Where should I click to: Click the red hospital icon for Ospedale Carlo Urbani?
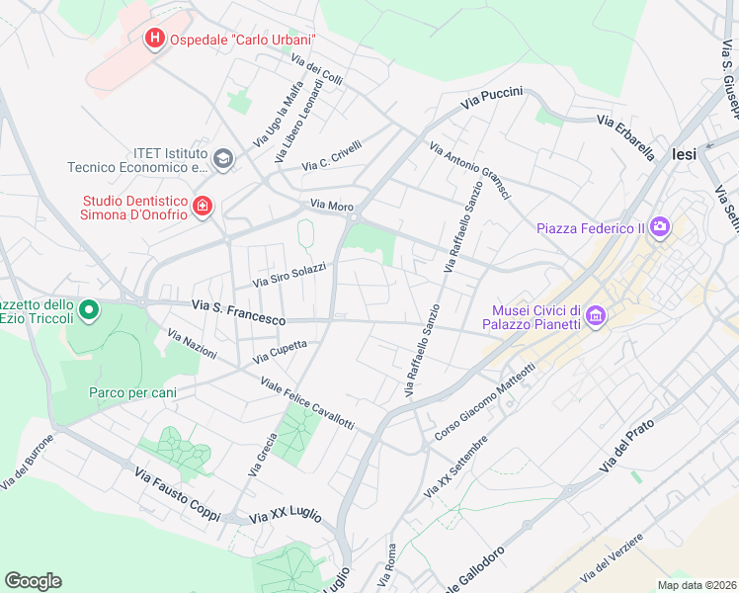click(x=154, y=39)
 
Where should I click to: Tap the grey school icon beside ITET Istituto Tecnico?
click(x=223, y=159)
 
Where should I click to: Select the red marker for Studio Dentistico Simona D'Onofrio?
click(x=202, y=206)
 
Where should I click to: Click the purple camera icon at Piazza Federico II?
click(x=659, y=228)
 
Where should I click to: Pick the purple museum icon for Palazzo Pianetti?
click(x=595, y=315)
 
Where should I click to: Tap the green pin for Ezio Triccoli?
click(x=88, y=311)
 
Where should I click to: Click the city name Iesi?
click(x=684, y=154)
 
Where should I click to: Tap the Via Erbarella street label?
click(x=625, y=136)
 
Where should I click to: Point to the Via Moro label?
click(x=332, y=206)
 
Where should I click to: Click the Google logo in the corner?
click(x=33, y=581)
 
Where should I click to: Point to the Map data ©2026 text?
click(x=697, y=585)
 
